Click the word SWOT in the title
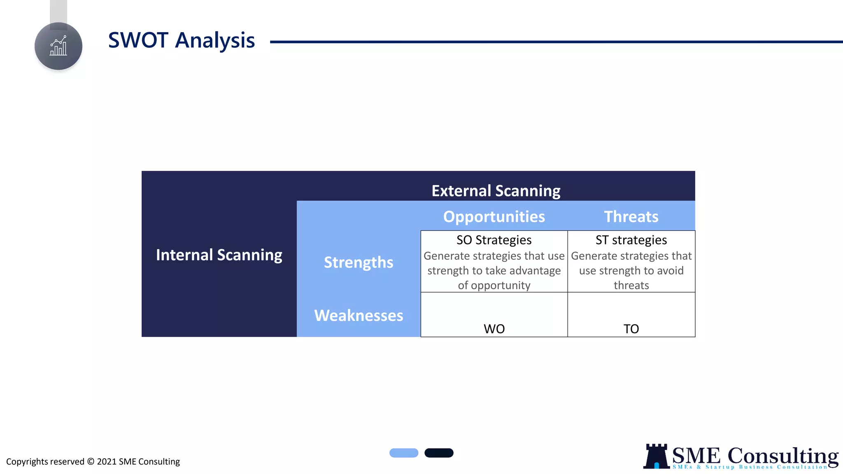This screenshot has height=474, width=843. click(x=138, y=40)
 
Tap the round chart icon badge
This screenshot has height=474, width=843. click(x=58, y=46)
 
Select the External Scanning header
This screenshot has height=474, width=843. click(x=496, y=191)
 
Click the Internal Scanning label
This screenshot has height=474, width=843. click(x=219, y=255)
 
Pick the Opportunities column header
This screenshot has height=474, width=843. click(x=494, y=216)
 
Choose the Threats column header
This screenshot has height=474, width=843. click(x=631, y=216)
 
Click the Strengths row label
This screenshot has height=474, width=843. click(x=359, y=262)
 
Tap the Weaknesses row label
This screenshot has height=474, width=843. click(x=359, y=315)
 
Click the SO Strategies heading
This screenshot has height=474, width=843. click(x=494, y=240)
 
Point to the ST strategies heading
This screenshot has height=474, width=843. click(x=631, y=240)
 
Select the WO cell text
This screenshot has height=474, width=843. click(x=494, y=329)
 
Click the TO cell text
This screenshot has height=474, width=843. click(x=631, y=329)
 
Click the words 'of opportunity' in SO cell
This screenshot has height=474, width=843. click(x=494, y=285)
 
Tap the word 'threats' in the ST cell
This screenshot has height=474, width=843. click(x=631, y=285)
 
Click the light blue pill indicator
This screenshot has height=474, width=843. click(x=404, y=453)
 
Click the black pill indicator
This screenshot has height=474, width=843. click(x=439, y=453)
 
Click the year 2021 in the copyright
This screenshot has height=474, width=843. click(x=107, y=462)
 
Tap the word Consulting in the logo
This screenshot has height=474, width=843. click(x=782, y=456)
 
